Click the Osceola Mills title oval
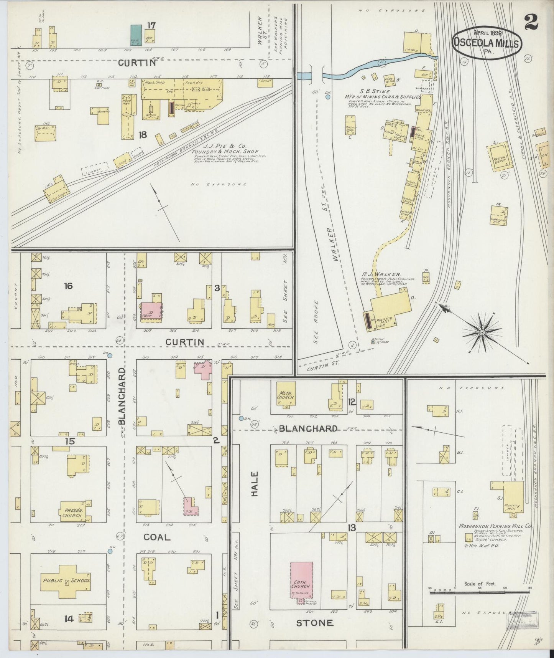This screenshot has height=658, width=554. click(486, 43)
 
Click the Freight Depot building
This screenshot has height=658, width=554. click(500, 158)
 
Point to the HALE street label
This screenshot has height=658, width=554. click(255, 484)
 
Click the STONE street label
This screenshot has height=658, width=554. click(314, 623)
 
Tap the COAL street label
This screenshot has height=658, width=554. click(157, 537)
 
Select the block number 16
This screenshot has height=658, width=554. click(69, 286)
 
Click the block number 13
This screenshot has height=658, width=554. click(351, 528)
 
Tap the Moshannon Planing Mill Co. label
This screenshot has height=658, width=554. click(495, 526)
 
